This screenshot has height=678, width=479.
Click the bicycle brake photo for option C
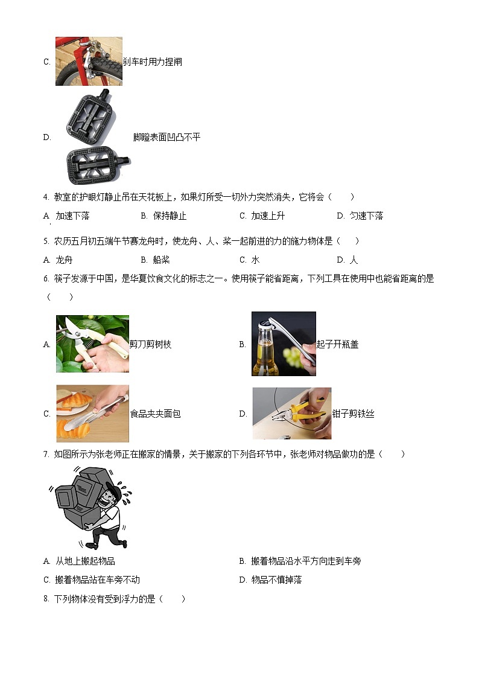(89, 62)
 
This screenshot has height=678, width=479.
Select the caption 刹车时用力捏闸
(152, 62)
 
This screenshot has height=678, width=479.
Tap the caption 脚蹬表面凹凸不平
(167, 137)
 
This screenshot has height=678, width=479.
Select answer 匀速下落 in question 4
(366, 216)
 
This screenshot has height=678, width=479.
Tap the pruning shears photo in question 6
(92, 344)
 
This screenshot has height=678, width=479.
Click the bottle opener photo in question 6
(284, 344)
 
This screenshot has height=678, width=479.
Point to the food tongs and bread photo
(92, 414)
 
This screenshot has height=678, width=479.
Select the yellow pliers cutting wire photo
(291, 414)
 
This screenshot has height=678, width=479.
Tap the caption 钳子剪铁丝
(353, 414)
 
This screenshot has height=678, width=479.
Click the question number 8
(46, 599)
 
